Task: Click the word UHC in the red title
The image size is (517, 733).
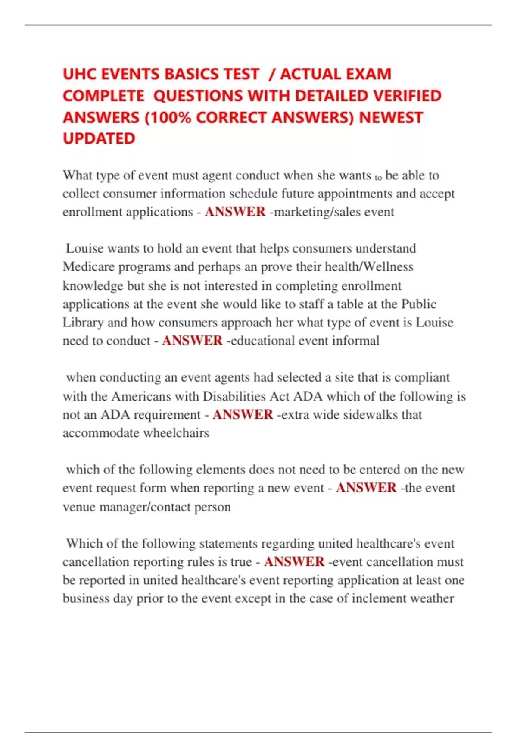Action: point(80,74)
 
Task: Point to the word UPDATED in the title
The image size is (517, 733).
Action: point(99,138)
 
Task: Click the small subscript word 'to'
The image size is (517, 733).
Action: point(378,177)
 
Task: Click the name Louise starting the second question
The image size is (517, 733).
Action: point(84,248)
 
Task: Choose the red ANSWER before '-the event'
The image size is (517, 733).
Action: point(366,488)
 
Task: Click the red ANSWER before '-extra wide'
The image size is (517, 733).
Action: point(243,414)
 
